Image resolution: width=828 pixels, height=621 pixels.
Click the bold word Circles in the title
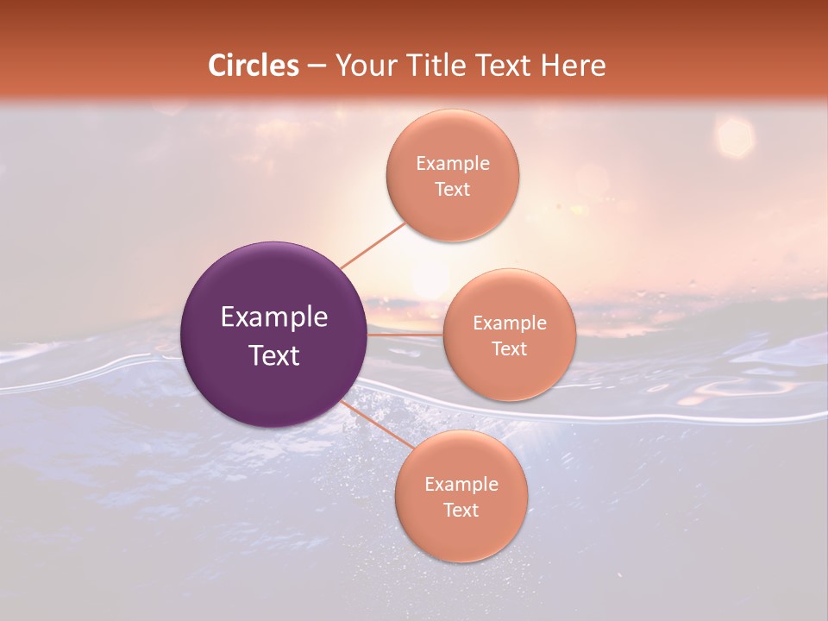pos(254,66)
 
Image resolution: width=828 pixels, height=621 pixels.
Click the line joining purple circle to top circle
pos(373,245)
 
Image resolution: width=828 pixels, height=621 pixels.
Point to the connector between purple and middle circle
pos(405,334)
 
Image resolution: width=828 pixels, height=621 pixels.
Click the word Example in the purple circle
pos(274,317)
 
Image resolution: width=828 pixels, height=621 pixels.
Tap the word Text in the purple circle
pos(274,355)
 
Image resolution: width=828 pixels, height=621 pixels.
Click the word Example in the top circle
pos(453,164)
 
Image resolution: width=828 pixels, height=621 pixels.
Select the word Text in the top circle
pos(453,190)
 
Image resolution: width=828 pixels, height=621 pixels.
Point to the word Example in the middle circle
pos(510,323)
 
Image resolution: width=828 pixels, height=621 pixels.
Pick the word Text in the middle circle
pos(510,349)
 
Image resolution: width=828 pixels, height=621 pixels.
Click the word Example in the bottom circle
pos(461,485)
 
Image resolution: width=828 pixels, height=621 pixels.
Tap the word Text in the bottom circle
pos(461,511)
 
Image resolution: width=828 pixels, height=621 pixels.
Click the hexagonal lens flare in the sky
pos(735,136)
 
